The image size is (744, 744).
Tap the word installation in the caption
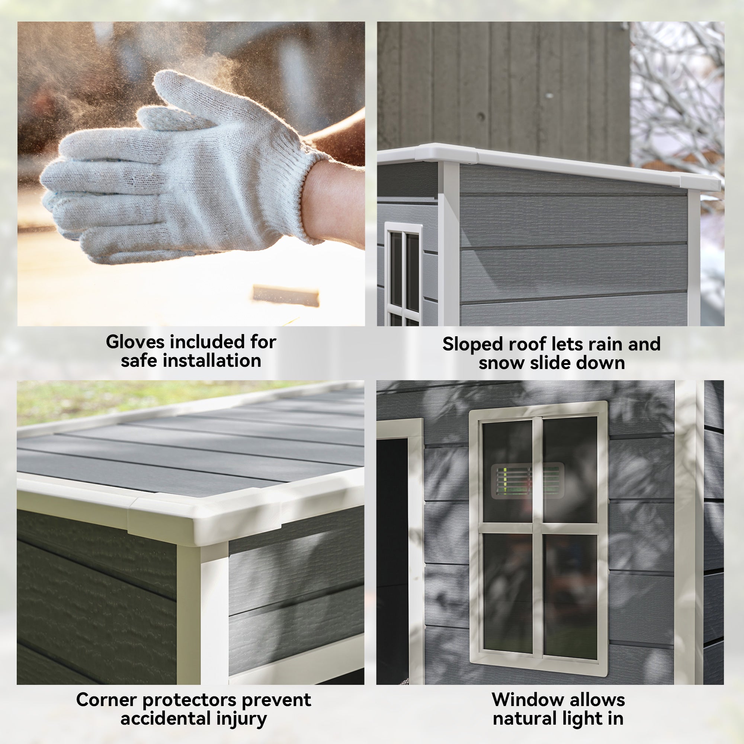212,361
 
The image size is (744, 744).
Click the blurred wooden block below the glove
286,295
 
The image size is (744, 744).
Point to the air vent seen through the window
527,481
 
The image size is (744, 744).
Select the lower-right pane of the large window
570,595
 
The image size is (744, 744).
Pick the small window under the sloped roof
404,273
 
